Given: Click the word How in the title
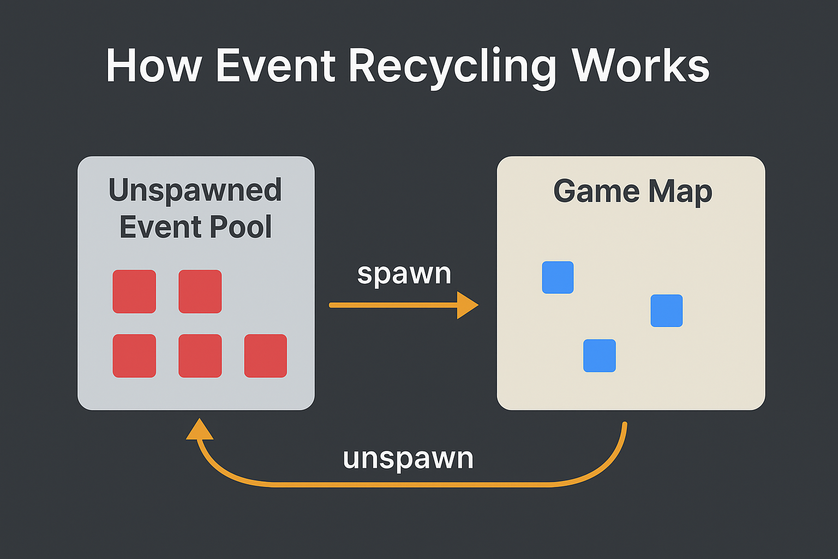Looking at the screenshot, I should click(153, 66).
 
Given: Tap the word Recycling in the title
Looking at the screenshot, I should click(452, 66).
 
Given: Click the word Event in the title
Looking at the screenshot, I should click(276, 66).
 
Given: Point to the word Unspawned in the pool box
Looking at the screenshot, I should click(195, 191).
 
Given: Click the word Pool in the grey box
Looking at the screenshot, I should click(241, 227).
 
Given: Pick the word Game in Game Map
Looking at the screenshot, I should click(596, 192).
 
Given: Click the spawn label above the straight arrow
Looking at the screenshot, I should click(404, 273).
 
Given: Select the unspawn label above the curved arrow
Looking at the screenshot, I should click(408, 458).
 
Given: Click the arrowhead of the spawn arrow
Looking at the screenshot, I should click(467, 305).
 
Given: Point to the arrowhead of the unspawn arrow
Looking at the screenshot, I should click(199, 429).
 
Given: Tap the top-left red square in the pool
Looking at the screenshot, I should click(134, 292).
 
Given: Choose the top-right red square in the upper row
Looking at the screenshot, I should click(200, 292).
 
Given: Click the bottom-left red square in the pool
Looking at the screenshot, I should click(134, 356).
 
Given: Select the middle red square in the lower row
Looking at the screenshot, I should click(200, 356).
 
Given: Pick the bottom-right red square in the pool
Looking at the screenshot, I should click(266, 356).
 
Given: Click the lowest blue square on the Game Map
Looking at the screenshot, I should click(600, 356).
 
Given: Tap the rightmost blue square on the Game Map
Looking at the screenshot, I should click(667, 311).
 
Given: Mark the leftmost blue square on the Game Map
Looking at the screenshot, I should click(558, 277).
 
